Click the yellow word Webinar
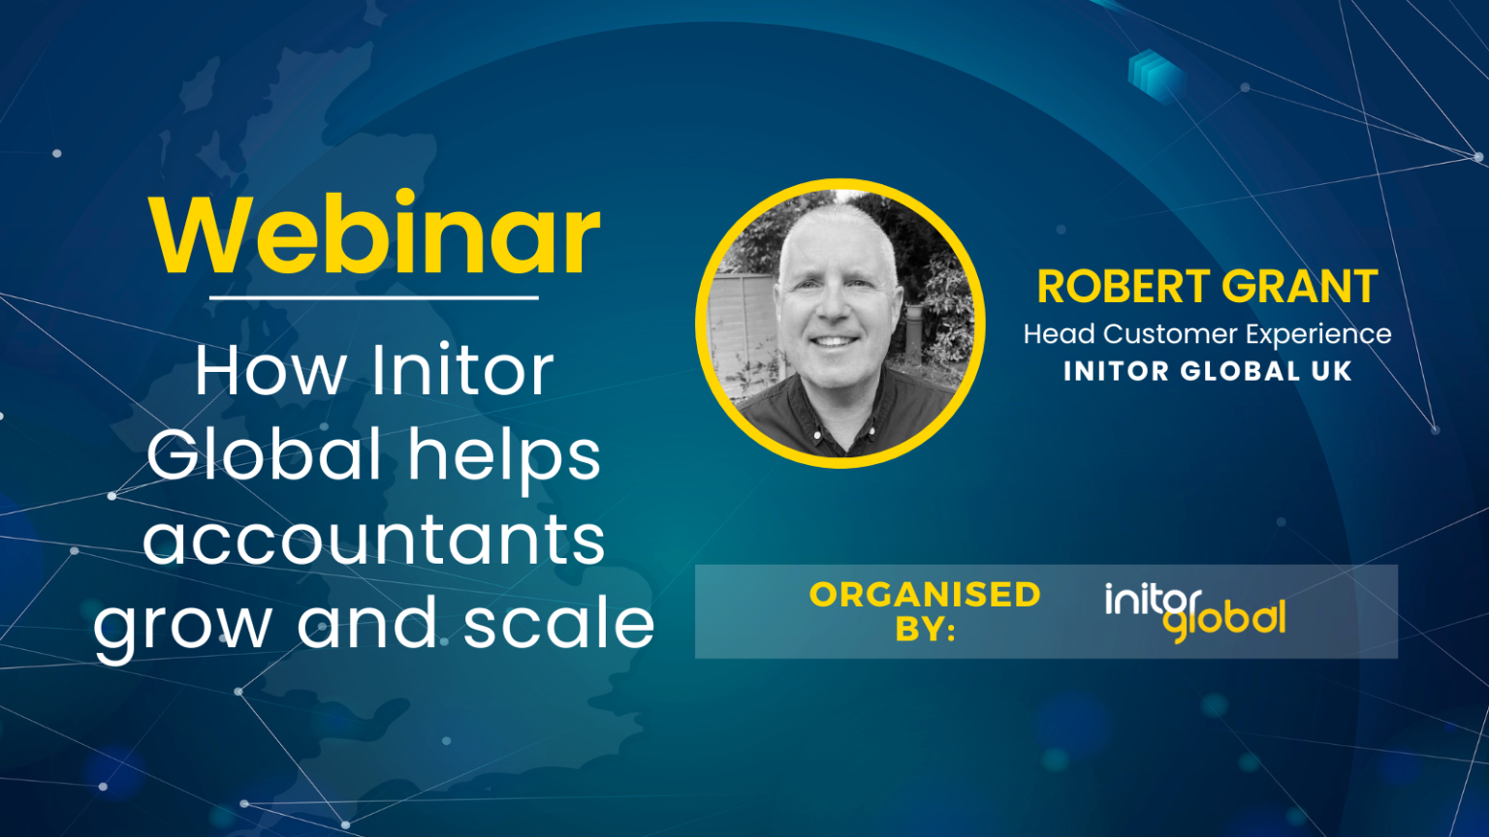(x=375, y=235)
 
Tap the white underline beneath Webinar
(x=373, y=297)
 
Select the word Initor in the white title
(x=462, y=370)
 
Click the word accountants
(x=374, y=540)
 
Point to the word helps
(x=504, y=456)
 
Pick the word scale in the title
(x=558, y=623)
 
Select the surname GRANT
(x=1300, y=287)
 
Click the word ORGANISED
(x=925, y=594)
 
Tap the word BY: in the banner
(x=925, y=630)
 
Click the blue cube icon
(x=1156, y=73)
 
